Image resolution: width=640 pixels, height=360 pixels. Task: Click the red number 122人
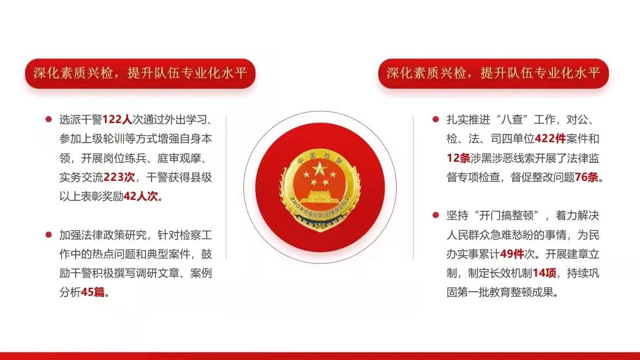click(117, 119)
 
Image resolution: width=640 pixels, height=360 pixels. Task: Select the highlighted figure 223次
click(119, 178)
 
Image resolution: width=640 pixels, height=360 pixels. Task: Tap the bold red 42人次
click(140, 197)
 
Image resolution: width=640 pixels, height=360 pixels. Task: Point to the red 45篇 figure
click(93, 292)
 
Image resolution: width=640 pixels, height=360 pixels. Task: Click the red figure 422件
click(550, 139)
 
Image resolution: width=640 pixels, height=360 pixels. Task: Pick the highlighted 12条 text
click(458, 158)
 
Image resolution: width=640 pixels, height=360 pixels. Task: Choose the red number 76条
click(587, 178)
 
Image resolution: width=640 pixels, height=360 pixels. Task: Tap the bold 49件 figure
click(512, 254)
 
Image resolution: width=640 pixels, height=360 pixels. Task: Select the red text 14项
click(544, 273)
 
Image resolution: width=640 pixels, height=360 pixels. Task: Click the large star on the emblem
click(319, 169)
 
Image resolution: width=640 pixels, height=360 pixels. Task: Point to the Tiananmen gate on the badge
click(319, 197)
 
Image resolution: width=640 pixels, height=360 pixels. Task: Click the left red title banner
click(140, 74)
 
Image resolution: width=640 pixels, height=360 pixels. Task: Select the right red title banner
click(494, 74)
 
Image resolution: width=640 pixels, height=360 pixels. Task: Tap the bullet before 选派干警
click(48, 119)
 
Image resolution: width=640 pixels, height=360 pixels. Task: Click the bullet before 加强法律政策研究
click(48, 235)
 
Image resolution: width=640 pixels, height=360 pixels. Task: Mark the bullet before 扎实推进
click(435, 119)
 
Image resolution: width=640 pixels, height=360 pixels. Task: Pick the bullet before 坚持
click(435, 215)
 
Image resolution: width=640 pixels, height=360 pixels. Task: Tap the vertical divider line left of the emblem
click(226, 187)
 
